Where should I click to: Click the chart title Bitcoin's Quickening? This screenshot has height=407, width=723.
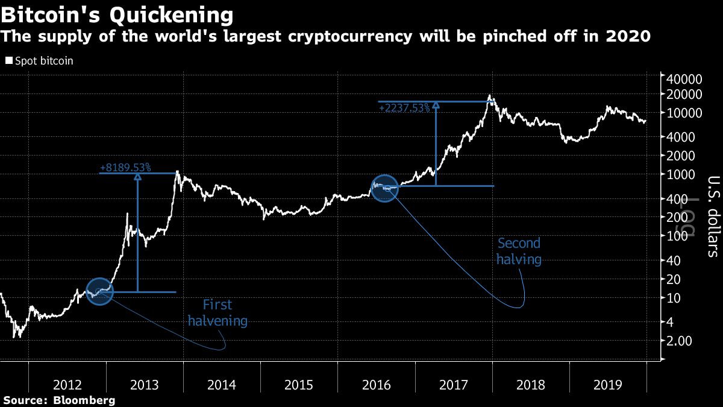117,14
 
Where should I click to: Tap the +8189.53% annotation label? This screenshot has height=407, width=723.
125,167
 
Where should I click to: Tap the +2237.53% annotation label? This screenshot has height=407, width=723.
404,107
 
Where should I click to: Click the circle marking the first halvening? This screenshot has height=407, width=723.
100,292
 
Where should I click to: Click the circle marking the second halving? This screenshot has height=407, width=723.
385,188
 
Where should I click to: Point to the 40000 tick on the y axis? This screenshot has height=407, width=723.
685,80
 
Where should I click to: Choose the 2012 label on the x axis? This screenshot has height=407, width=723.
67,385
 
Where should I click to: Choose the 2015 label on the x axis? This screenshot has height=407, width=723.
299,385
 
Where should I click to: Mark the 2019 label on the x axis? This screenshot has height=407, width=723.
608,385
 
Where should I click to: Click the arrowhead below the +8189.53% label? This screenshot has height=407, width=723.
137,177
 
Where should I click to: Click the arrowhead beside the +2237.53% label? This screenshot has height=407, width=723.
436,105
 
